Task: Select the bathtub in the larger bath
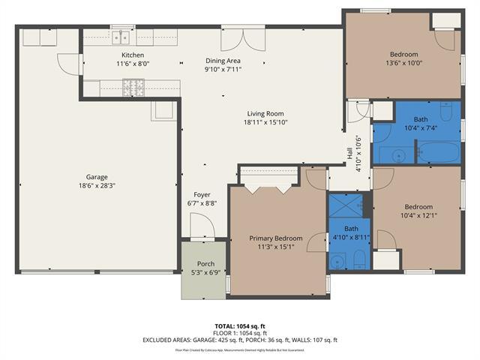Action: (438, 152)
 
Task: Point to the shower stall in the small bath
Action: (346, 205)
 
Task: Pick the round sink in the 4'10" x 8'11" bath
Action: (337, 261)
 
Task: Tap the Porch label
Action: (205, 264)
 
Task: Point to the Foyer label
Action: (202, 194)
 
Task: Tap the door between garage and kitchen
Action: (70, 63)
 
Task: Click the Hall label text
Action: (349, 152)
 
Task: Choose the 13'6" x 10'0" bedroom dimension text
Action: (403, 63)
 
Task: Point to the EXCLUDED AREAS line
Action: (240, 340)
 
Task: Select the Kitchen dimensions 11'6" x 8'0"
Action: (133, 64)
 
